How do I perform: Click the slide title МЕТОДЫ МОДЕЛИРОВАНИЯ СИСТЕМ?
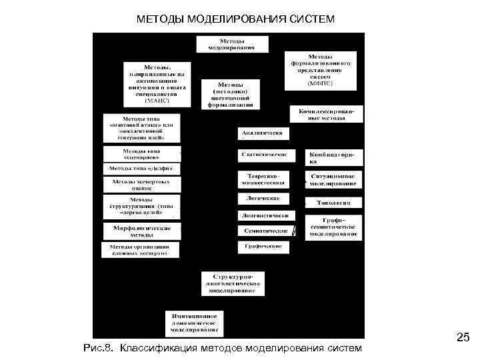235,18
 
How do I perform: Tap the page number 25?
463,339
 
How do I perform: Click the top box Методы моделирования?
231,44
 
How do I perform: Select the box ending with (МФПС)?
325,70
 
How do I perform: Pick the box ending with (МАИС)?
157,83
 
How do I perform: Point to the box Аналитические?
263,133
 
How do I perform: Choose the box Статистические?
263,155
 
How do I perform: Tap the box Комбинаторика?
333,157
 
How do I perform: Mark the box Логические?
263,199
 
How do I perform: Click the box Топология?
333,202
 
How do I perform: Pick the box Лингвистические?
265,215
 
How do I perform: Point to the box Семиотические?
263,230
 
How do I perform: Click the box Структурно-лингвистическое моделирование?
233,283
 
